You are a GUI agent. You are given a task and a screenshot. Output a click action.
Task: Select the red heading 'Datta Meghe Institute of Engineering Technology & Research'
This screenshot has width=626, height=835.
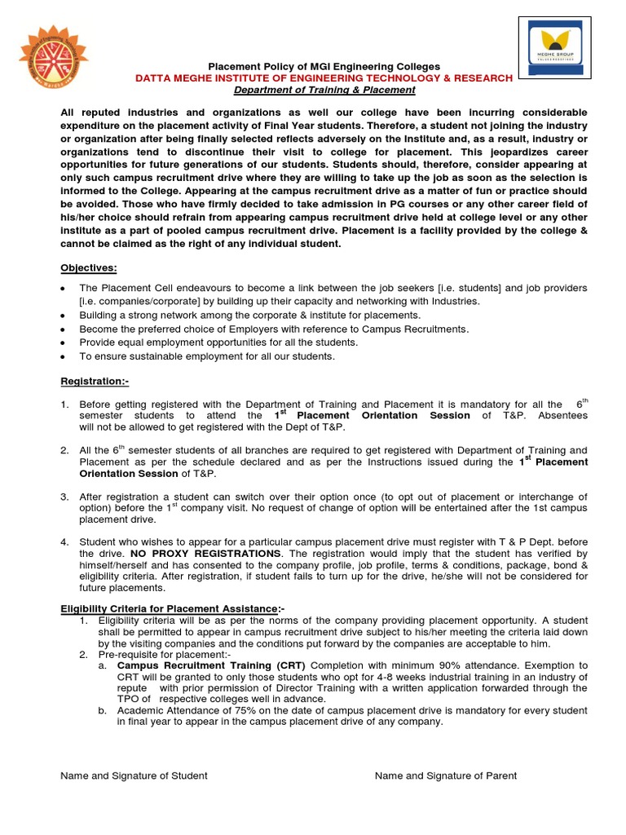(x=324, y=77)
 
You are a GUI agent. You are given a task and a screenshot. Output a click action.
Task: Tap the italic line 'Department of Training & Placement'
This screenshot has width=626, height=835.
(x=324, y=90)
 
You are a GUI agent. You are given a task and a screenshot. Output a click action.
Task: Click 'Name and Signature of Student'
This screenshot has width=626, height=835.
(x=134, y=775)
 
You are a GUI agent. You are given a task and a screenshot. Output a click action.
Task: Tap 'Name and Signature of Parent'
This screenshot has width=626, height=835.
(x=445, y=775)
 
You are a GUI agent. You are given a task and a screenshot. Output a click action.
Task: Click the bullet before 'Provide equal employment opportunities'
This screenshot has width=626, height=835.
(x=64, y=343)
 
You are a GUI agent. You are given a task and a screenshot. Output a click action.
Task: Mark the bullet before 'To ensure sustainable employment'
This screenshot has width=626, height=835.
(x=64, y=357)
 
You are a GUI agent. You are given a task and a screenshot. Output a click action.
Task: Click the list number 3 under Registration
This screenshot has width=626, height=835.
(x=64, y=497)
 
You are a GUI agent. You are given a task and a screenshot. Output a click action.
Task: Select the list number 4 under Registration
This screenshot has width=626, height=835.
(x=64, y=541)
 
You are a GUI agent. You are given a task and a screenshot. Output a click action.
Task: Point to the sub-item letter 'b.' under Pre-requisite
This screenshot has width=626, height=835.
(x=103, y=710)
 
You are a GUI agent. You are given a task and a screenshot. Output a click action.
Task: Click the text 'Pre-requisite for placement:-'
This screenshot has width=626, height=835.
(x=165, y=654)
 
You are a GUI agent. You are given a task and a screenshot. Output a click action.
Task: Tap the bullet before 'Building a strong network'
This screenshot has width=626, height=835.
(x=64, y=316)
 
